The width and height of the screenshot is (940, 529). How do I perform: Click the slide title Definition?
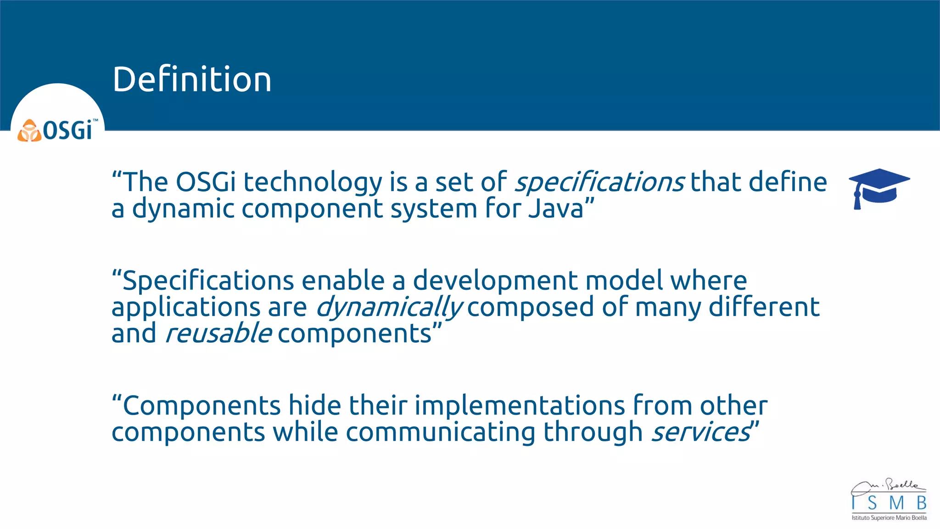click(192, 79)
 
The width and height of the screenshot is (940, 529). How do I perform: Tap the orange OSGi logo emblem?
click(29, 131)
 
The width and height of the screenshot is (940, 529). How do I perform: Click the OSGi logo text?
click(68, 131)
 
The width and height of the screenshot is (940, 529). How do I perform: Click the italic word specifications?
click(599, 182)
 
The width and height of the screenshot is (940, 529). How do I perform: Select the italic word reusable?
click(218, 333)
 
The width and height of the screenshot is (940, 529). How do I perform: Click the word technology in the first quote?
click(313, 182)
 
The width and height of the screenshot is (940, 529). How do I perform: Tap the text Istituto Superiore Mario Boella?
click(889, 518)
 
